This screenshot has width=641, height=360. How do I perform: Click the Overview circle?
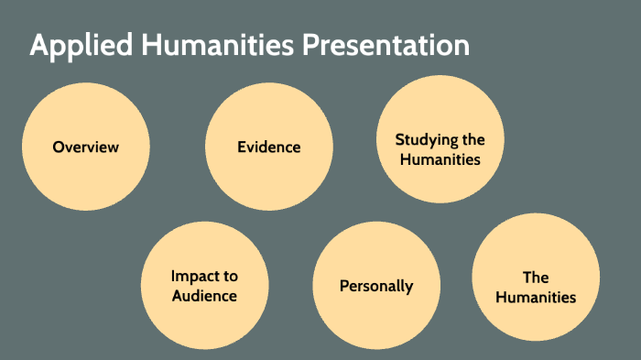tap(85, 147)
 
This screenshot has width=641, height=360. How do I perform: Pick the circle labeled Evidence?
tap(268, 147)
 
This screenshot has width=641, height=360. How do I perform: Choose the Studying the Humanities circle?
tap(440, 139)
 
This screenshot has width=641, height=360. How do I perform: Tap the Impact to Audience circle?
tap(204, 286)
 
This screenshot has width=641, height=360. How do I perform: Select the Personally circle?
tap(376, 286)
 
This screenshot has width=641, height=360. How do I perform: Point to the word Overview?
tap(85, 147)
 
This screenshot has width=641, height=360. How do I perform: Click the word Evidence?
tap(268, 147)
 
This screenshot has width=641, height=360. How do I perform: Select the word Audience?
tap(204, 296)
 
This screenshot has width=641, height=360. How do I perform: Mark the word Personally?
tap(376, 286)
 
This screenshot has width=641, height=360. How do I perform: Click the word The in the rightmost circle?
tap(536, 277)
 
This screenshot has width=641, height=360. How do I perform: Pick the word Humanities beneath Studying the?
tap(440, 159)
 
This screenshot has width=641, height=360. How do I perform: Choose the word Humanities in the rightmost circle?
tap(536, 297)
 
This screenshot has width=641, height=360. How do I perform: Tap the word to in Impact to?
tap(229, 276)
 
